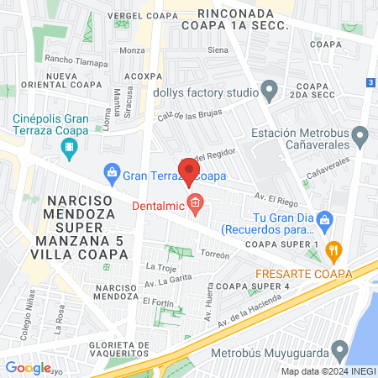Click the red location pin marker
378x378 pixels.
[x=189, y=171]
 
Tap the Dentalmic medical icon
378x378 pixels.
[x=196, y=203]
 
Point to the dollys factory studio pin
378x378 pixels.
[x=270, y=89]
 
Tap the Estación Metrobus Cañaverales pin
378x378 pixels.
[x=360, y=135]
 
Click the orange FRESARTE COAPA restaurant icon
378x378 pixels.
[x=333, y=249]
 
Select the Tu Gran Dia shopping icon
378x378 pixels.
[x=328, y=221]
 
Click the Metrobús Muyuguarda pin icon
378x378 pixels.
[x=339, y=349]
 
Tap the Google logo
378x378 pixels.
[x=28, y=367]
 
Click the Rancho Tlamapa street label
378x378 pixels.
[x=76, y=61]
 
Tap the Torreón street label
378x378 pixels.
[x=215, y=255]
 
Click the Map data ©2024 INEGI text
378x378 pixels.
[x=328, y=371]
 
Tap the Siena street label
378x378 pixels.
[x=218, y=50]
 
